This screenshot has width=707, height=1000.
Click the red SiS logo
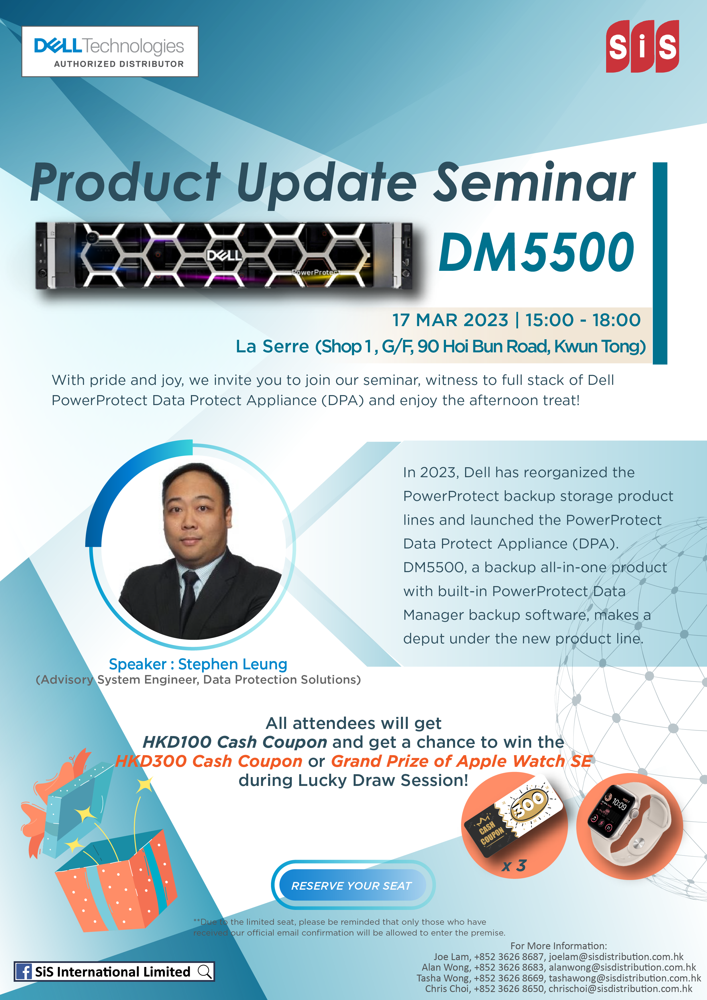pos(642,46)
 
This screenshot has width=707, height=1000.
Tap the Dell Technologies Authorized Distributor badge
pos(110,51)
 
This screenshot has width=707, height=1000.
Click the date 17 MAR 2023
pos(450,320)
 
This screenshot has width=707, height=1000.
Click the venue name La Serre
pos(272,347)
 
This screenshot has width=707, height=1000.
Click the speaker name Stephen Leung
pos(233,664)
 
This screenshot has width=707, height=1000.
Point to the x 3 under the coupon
pos(514,865)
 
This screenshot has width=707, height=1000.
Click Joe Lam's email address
pos(616,956)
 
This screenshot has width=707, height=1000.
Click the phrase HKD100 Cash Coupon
pos(235,742)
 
